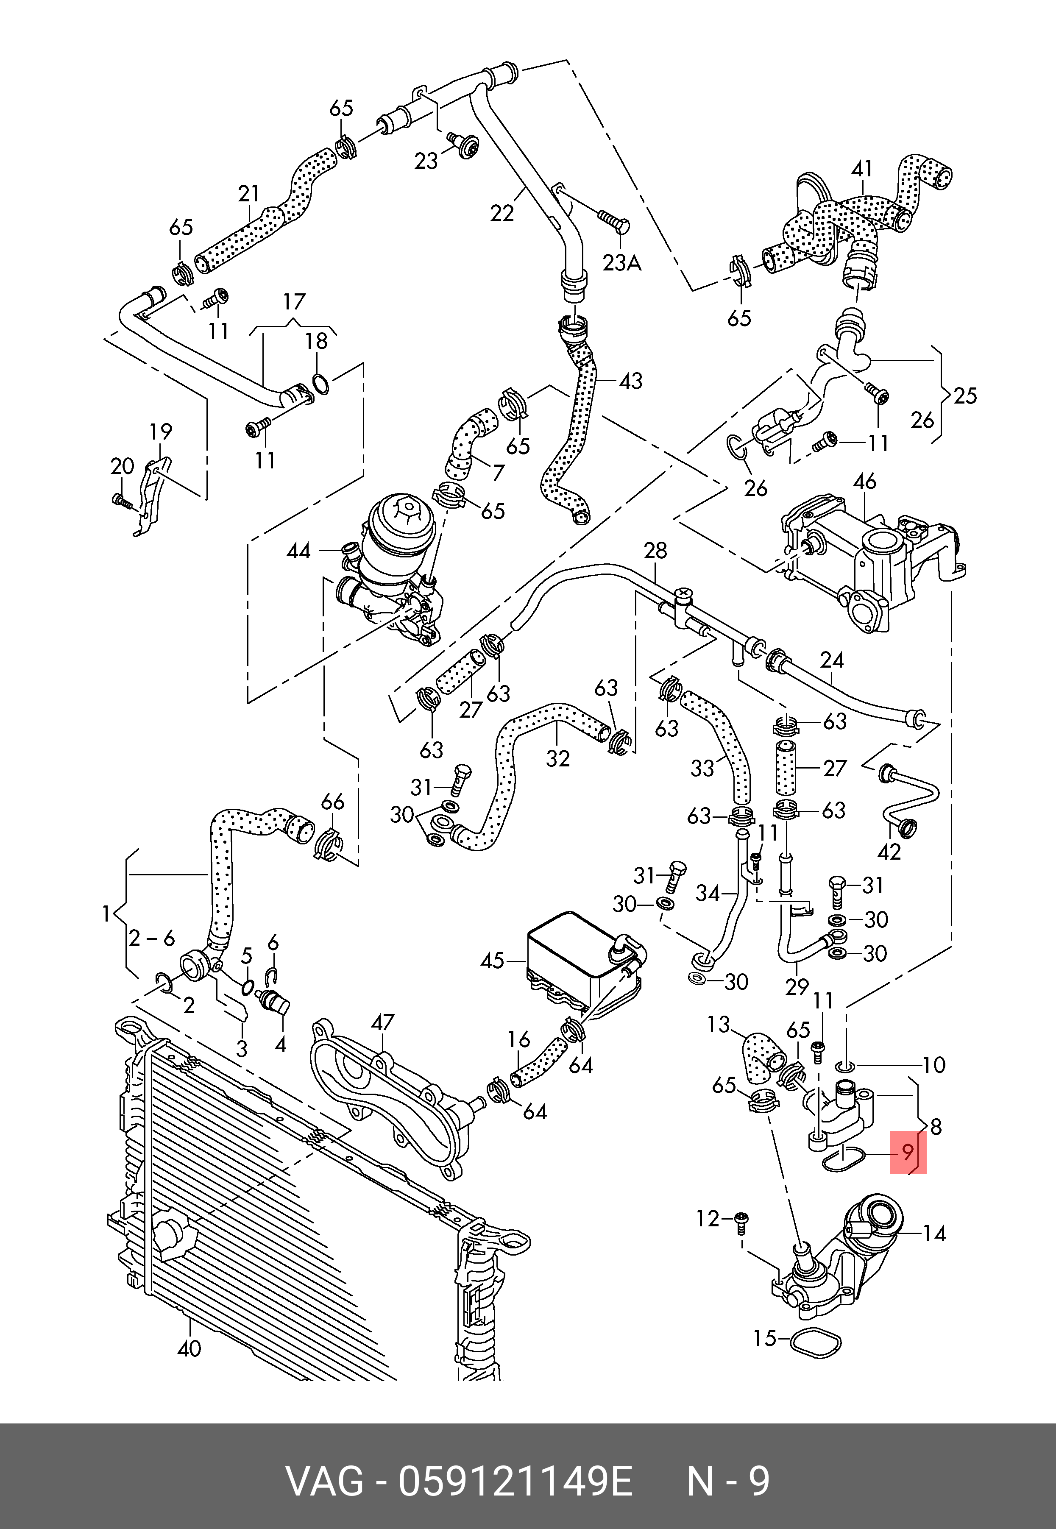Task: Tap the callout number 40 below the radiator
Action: (x=189, y=1348)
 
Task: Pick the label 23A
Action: (x=621, y=263)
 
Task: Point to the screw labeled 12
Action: (x=742, y=1221)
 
